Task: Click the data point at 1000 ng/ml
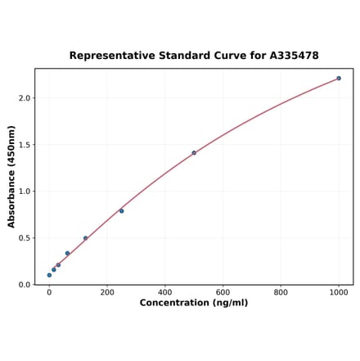click(x=339, y=79)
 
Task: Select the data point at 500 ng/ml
click(x=194, y=153)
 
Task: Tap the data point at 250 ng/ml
click(x=122, y=211)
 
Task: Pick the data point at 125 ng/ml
click(x=85, y=238)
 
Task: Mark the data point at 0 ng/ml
click(x=49, y=275)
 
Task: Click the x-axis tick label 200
click(x=107, y=291)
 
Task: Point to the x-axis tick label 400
click(x=165, y=291)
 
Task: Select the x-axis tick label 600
click(x=223, y=291)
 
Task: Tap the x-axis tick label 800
click(x=281, y=291)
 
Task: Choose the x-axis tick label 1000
click(x=339, y=291)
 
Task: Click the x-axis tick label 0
click(x=49, y=291)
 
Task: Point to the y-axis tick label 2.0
click(x=24, y=98)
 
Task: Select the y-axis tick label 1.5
click(x=24, y=145)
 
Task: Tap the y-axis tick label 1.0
click(x=24, y=192)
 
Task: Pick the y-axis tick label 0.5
click(x=24, y=238)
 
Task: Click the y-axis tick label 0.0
click(x=24, y=285)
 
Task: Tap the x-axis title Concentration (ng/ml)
click(x=194, y=303)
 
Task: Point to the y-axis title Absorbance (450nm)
click(x=11, y=176)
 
